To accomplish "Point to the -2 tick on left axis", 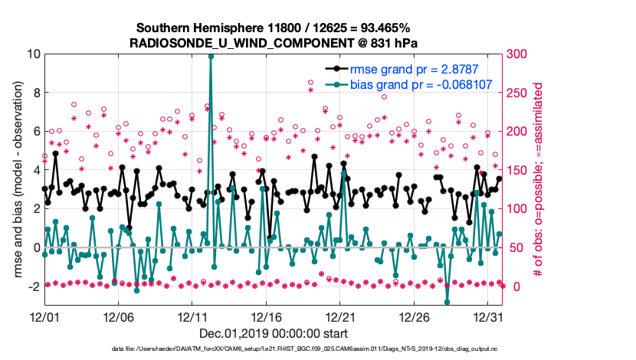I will pos(31,286).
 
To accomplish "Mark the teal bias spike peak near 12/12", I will pos(211,56).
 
